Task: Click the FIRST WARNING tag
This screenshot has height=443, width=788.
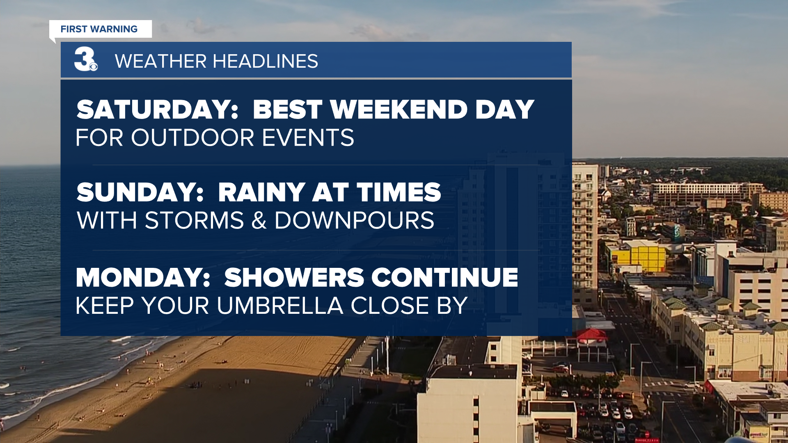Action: pos(101,29)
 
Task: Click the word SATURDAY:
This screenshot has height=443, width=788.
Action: pos(157,110)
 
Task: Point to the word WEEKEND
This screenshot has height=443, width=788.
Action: pos(399,110)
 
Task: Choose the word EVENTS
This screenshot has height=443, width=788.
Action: pos(308,137)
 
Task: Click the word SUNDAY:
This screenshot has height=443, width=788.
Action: pos(140,192)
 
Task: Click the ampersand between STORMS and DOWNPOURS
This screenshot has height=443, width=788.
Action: pos(259,221)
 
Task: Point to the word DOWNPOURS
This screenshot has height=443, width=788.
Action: pos(354,221)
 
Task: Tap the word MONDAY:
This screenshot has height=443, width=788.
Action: pos(143,278)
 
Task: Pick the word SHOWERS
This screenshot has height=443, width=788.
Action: pos(294,278)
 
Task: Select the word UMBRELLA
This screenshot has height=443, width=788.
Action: pos(280,306)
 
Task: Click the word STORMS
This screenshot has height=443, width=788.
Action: pos(195,221)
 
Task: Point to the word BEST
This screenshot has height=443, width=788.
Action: pos(287,110)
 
